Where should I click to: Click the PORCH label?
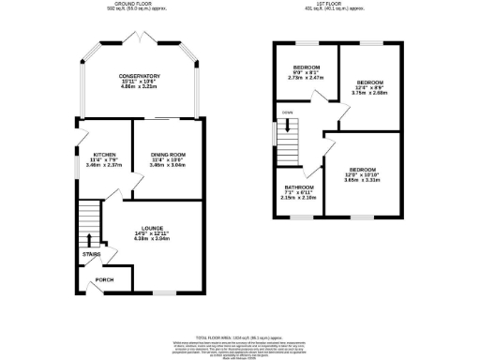click(x=104, y=279)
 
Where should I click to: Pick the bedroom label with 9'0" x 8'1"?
click(x=306, y=68)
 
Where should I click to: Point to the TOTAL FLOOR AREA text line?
click(x=240, y=335)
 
